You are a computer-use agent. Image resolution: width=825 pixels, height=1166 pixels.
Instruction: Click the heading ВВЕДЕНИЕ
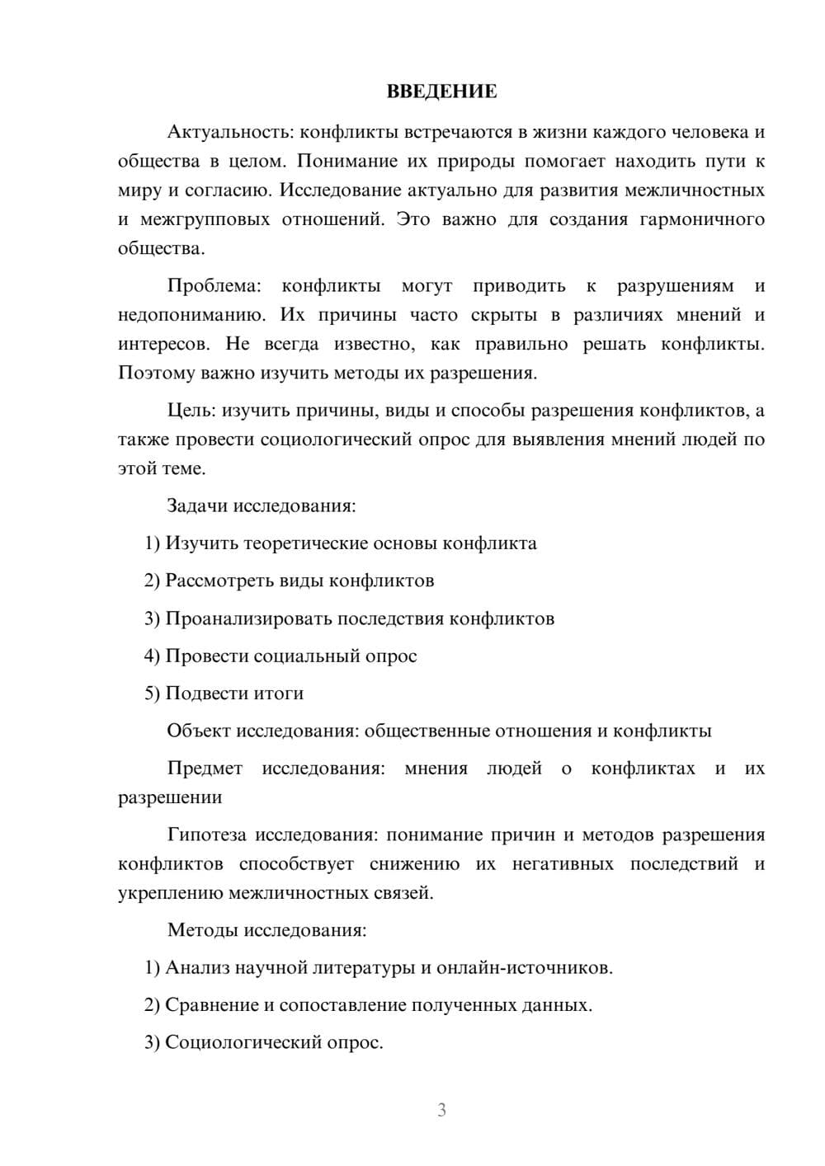[441, 92]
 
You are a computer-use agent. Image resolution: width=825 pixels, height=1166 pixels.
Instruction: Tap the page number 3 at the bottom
[441, 1110]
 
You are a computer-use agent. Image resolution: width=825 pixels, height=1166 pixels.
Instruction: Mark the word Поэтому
[155, 373]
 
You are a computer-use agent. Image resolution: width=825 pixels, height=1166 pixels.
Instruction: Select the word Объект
[199, 731]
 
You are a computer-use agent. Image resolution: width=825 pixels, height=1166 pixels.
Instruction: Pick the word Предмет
[205, 769]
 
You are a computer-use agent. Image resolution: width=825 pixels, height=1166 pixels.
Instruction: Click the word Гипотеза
[207, 835]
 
